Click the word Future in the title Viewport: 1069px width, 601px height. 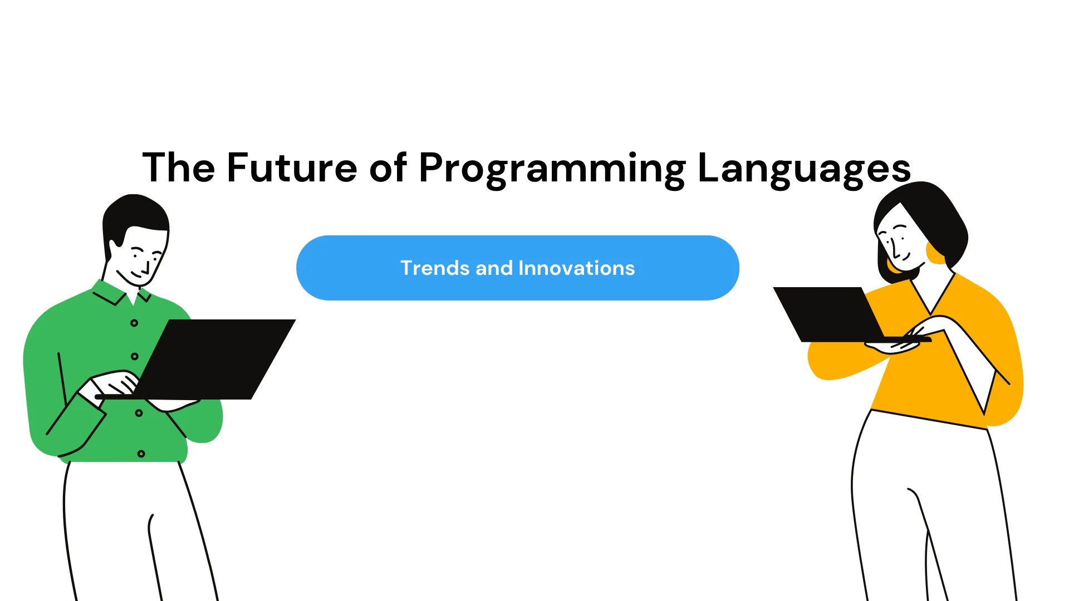tap(292, 168)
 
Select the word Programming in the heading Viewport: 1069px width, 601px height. tap(552, 169)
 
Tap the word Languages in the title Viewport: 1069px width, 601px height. tap(803, 169)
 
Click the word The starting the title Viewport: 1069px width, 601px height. tap(178, 168)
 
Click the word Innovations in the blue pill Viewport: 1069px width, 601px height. tap(576, 268)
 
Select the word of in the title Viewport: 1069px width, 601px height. tap(388, 168)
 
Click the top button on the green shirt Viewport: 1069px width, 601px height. tap(134, 323)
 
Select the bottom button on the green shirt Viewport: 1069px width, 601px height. tap(141, 454)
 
